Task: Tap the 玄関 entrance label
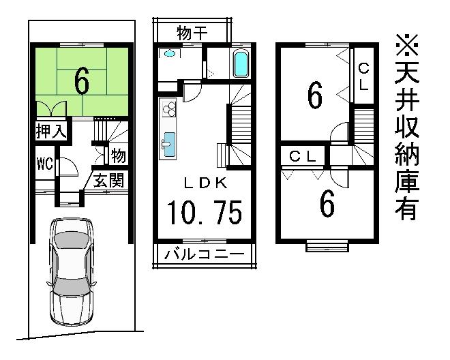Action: coord(108,181)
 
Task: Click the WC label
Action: coord(46,163)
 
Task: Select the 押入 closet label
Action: coord(50,131)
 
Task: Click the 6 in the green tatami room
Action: coord(81,82)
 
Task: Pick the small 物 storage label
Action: coord(117,156)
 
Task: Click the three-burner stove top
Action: coord(168,108)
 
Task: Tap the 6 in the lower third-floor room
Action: coord(327,204)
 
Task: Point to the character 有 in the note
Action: coord(407,208)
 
